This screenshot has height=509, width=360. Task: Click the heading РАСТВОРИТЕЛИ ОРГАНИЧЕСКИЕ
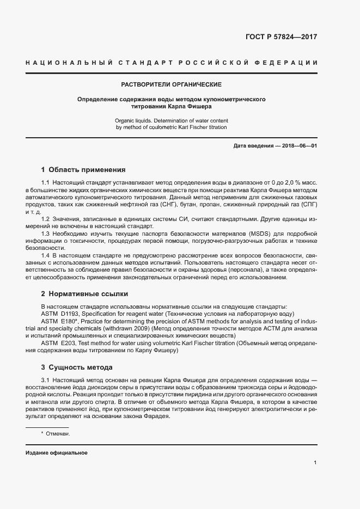(x=171, y=85)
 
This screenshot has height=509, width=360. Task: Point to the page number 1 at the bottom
(x=315, y=462)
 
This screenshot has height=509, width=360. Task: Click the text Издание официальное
(x=56, y=453)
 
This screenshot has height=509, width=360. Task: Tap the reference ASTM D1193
(x=61, y=314)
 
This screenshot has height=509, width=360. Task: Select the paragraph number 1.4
(x=46, y=255)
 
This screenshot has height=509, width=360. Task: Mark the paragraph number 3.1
(x=46, y=378)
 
